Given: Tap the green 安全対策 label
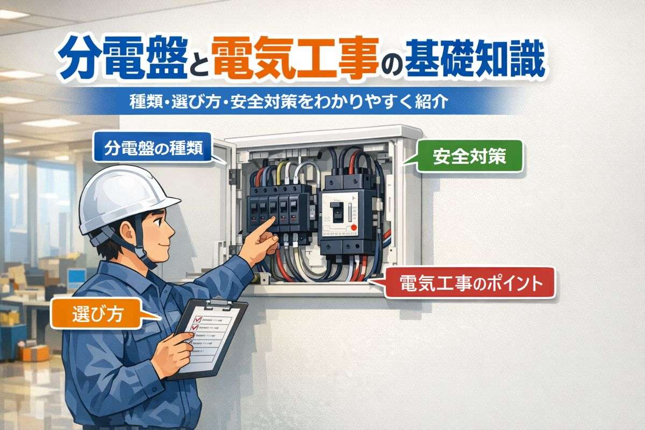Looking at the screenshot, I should click(x=469, y=156).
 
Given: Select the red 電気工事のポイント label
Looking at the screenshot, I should click(x=470, y=281).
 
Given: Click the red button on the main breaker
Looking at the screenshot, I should click(x=354, y=228).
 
